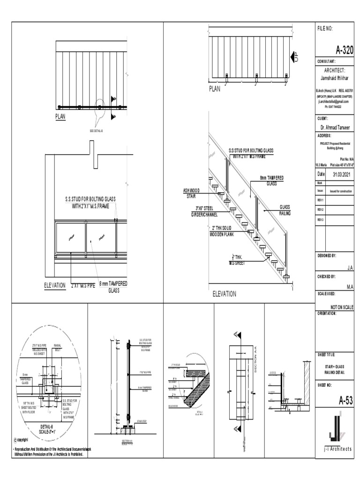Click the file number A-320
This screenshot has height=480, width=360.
(344, 51)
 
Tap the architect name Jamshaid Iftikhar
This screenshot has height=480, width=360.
(335, 79)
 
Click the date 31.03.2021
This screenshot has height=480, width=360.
(342, 174)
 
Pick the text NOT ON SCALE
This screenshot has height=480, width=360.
(342, 307)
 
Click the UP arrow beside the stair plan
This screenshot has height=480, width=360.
(295, 56)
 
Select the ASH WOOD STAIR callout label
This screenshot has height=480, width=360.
(192, 194)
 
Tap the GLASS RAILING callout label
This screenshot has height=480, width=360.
(285, 210)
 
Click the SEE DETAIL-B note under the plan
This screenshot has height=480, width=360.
(96, 130)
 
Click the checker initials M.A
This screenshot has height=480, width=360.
(350, 286)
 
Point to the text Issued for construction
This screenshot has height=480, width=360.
(341, 191)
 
